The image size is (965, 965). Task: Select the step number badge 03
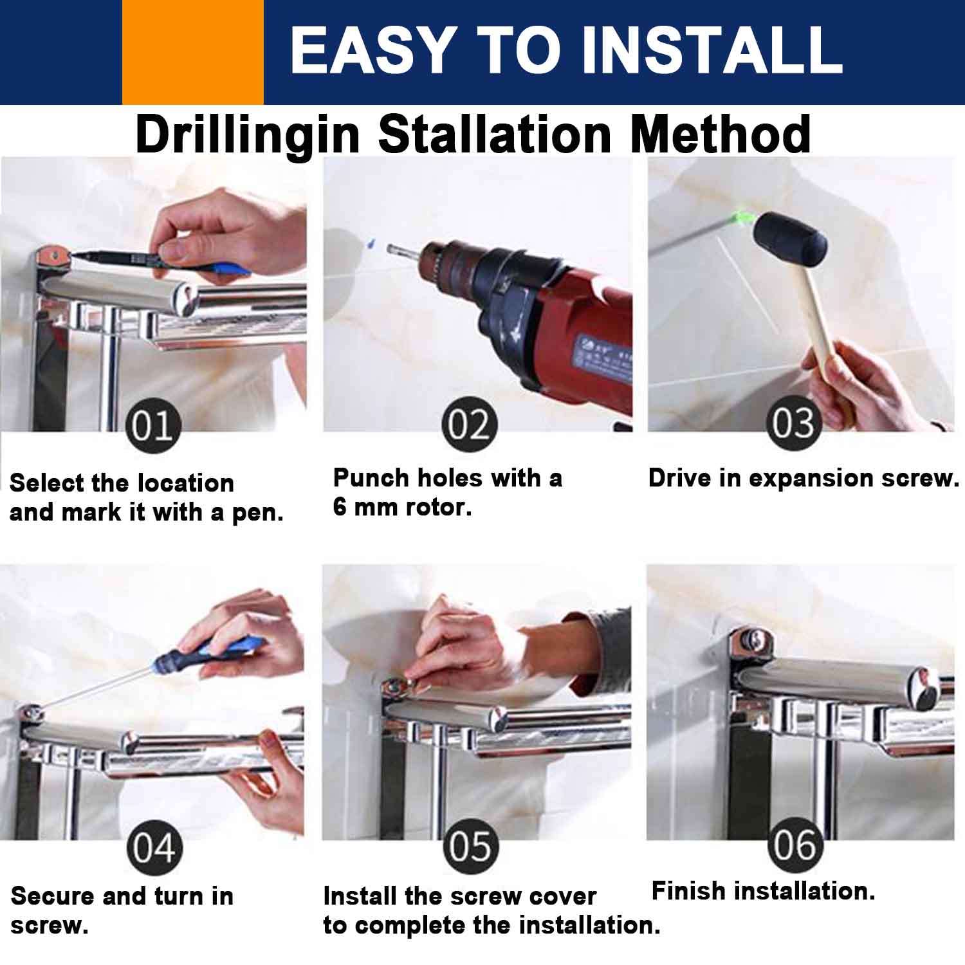click(794, 423)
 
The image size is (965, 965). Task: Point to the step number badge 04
click(154, 848)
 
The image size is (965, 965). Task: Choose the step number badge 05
click(471, 847)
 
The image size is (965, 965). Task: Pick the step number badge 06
click(795, 845)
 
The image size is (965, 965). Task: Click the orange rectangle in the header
click(193, 52)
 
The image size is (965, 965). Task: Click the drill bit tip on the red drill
click(388, 248)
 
